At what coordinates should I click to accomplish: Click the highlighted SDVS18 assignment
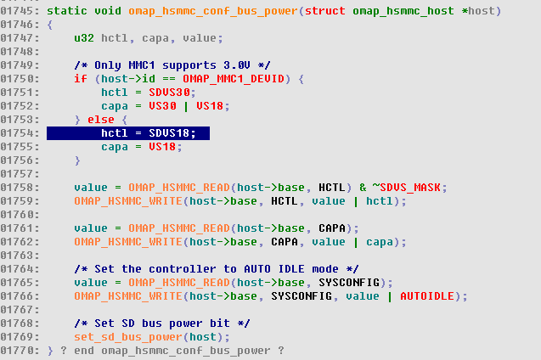149,133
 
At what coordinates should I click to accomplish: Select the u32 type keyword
83,37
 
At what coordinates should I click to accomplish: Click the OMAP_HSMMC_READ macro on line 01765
178,282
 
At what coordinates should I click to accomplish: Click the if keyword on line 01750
80,78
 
